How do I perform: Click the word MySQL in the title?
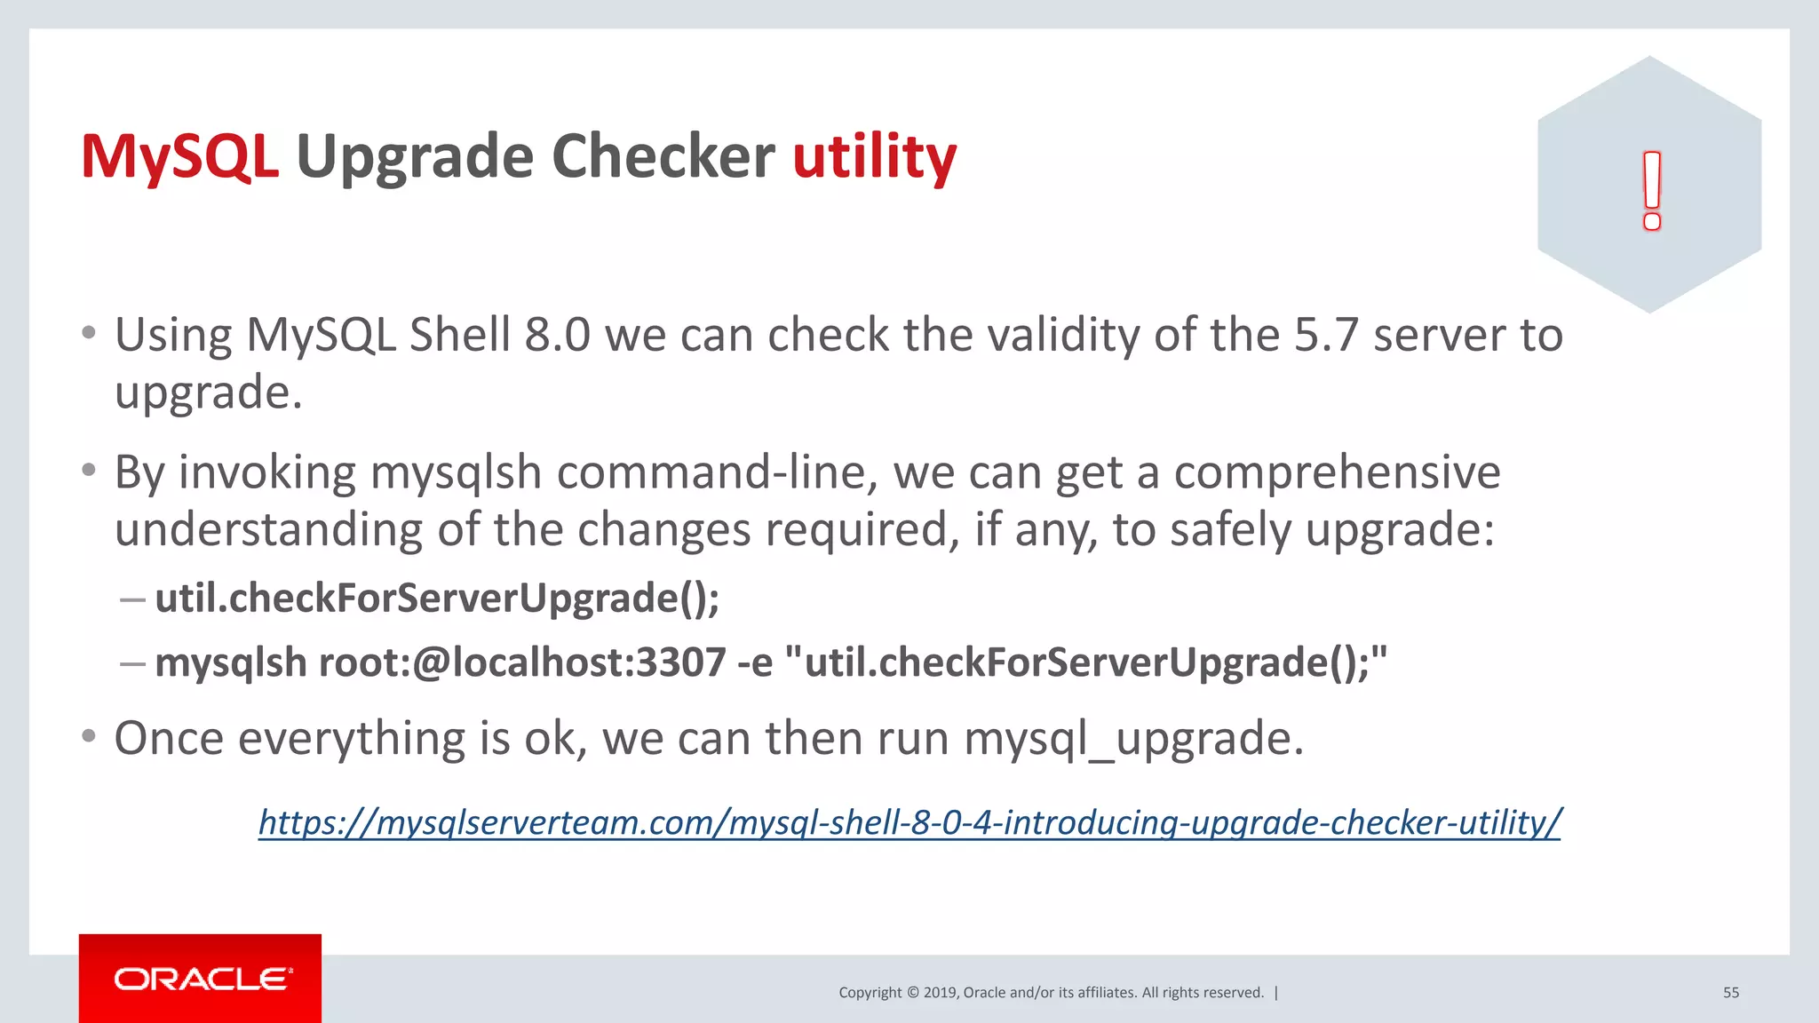point(179,157)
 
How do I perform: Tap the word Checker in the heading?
point(663,157)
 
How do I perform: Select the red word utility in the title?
point(874,157)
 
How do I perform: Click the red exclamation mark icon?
point(1651,191)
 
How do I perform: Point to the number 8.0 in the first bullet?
point(557,336)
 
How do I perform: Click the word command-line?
point(718,472)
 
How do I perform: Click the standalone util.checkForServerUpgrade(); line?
point(437,598)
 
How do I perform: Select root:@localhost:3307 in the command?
point(522,662)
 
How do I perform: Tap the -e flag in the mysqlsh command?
point(755,663)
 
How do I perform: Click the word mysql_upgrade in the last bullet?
point(1133,739)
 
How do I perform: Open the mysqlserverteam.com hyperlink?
point(909,822)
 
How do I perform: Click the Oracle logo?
point(201,979)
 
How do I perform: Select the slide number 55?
point(1731,993)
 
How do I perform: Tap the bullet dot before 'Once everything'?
point(88,736)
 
